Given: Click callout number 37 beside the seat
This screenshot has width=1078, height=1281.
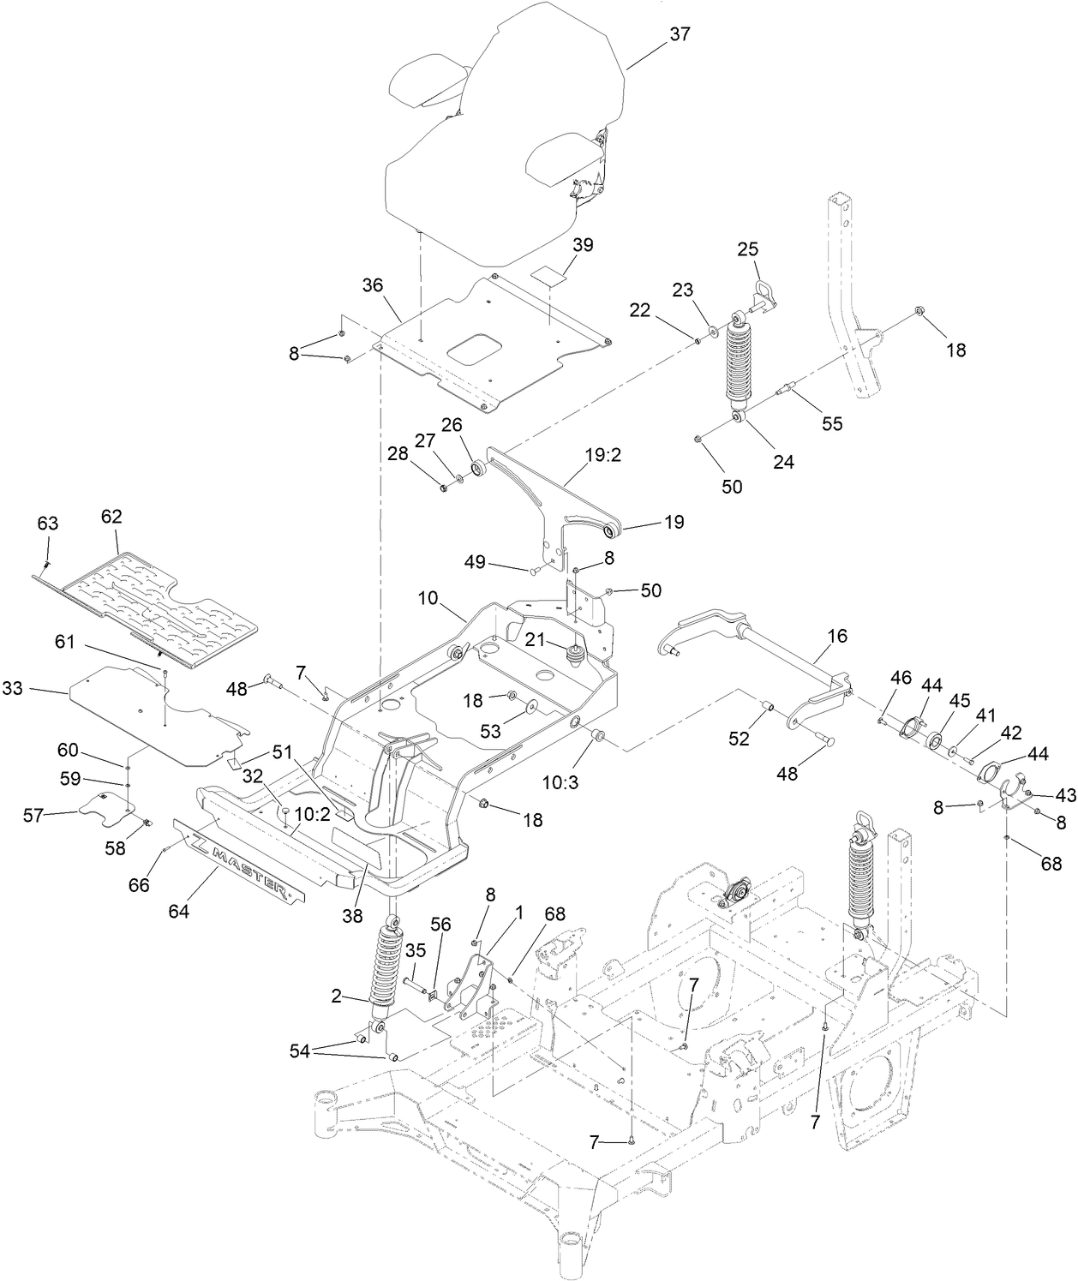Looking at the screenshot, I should [x=680, y=34].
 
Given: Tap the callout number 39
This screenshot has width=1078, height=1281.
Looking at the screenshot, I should [x=583, y=244].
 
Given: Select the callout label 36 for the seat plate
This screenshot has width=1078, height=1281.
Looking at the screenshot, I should [x=372, y=285].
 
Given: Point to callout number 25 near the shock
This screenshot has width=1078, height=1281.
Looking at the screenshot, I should [x=748, y=249].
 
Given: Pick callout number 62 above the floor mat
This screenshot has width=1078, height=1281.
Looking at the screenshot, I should [x=111, y=517].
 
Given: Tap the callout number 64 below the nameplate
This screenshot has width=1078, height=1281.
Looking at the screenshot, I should [x=178, y=912].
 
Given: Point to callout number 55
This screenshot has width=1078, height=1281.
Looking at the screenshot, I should [x=832, y=423].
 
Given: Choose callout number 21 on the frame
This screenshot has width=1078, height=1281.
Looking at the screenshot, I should [x=534, y=639].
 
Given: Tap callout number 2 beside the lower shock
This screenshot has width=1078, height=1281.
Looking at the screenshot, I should [x=336, y=996].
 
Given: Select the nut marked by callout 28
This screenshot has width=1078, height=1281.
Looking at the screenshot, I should [x=443, y=488].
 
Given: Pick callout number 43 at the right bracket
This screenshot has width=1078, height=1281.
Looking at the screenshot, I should [x=1065, y=795].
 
